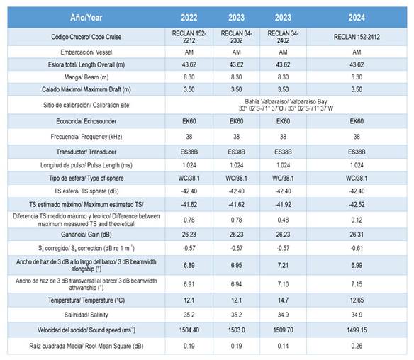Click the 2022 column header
tap(189, 18)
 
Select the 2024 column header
tap(357, 18)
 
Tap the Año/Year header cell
tap(86, 18)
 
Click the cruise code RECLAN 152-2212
tap(189, 37)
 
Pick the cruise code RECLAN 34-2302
tap(236, 37)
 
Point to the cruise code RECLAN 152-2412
tap(357, 37)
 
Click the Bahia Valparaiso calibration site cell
tap(286, 105)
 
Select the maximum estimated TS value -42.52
tap(357, 205)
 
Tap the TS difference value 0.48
tap(283, 220)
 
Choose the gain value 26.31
tap(357, 235)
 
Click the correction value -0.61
tap(357, 248)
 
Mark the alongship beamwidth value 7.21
tap(283, 265)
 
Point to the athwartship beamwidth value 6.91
tap(189, 284)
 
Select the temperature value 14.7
tap(283, 300)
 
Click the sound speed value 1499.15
tap(357, 330)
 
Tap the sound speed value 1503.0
tap(236, 330)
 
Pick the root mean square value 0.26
tap(357, 346)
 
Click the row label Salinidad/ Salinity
tap(86, 315)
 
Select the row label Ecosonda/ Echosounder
tap(86, 121)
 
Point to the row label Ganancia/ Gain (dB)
tap(86, 235)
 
